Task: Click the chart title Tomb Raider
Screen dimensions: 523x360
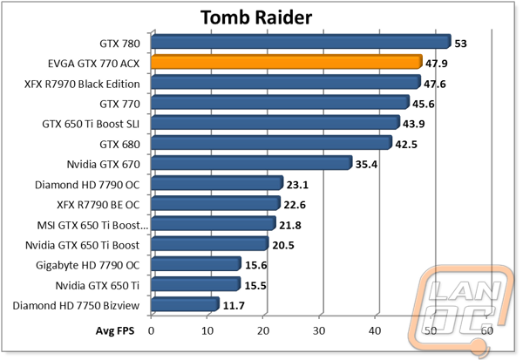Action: (x=256, y=17)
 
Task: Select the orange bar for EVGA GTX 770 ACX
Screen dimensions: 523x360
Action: (x=287, y=62)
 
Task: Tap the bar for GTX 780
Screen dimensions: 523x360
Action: (x=301, y=42)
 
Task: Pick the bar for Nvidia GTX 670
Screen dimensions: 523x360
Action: (x=252, y=163)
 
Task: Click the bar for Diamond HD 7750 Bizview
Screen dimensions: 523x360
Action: (x=185, y=304)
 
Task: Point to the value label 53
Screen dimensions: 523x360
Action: (x=460, y=44)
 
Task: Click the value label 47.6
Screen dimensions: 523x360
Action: (x=435, y=84)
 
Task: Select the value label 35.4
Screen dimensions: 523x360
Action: (x=366, y=165)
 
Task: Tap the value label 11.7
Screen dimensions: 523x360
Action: (x=234, y=306)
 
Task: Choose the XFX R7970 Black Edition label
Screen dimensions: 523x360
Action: (x=82, y=84)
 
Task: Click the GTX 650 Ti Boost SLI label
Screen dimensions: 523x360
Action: (x=91, y=124)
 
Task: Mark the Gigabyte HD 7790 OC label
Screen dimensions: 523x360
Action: (x=88, y=266)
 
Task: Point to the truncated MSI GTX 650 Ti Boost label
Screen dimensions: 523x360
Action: (x=92, y=226)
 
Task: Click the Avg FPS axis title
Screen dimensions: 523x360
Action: (x=115, y=330)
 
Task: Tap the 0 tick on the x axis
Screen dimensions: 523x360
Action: (x=151, y=330)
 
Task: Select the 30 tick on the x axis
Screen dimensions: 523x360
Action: (x=319, y=330)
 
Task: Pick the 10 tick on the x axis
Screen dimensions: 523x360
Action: (x=207, y=330)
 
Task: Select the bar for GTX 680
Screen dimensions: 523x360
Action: (x=271, y=143)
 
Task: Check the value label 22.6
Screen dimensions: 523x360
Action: (x=295, y=205)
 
